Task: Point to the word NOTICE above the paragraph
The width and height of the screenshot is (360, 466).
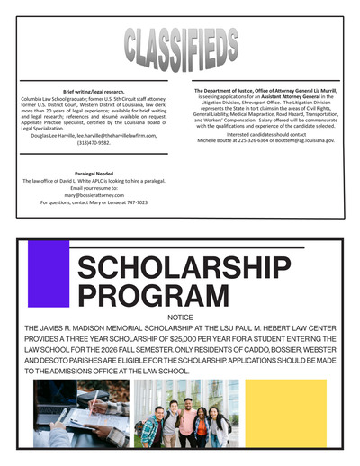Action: coord(180,318)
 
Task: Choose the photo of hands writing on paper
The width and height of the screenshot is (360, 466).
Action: coord(80,413)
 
